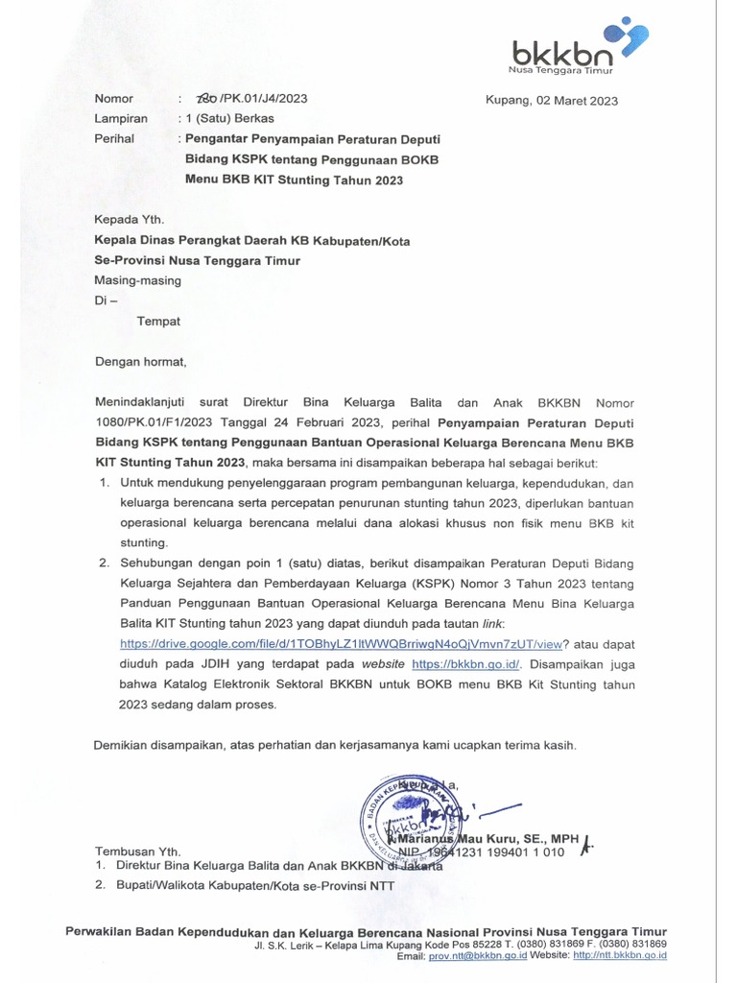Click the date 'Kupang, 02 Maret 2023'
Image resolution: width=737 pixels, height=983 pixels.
coord(552,101)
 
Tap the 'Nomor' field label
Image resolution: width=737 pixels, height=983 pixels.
coord(114,99)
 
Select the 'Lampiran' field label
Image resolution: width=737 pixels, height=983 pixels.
coord(121,119)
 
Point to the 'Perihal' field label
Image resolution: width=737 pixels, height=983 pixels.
coord(115,138)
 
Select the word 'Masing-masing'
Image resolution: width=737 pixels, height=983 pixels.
coord(137,280)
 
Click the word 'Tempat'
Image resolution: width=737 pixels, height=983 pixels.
coord(158,322)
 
